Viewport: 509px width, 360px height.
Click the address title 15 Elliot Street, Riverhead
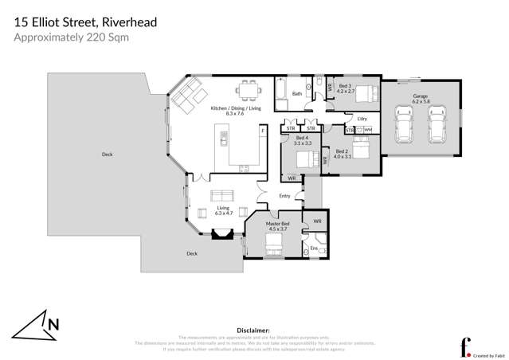[x=85, y=22]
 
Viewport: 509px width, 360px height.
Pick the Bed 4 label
[x=302, y=141]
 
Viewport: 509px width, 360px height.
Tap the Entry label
[x=284, y=196]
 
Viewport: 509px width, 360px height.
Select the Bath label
[x=296, y=94]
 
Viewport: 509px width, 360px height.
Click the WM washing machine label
[x=367, y=129]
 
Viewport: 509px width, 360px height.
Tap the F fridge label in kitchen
[x=263, y=129]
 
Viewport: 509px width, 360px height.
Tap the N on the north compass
[x=53, y=324]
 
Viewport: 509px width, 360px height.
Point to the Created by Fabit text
[x=488, y=356]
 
